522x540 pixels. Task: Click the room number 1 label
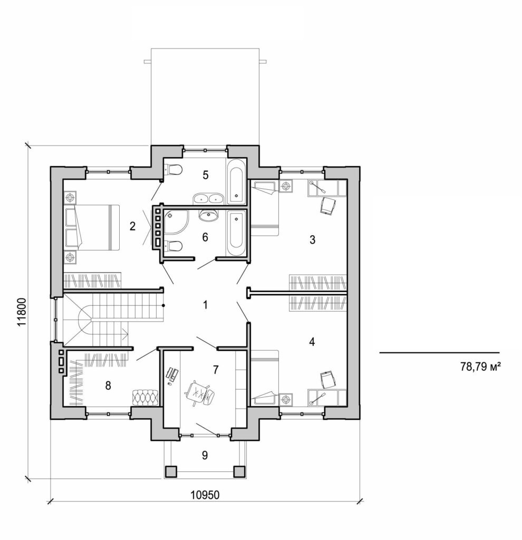(x=206, y=305)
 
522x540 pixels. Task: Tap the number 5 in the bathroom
(x=206, y=175)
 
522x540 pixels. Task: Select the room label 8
(x=108, y=386)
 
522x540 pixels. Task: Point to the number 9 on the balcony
(x=205, y=455)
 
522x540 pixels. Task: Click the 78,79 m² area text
(x=480, y=367)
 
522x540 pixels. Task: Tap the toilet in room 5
(x=173, y=170)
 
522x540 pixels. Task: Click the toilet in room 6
(x=174, y=246)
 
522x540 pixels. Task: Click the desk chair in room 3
(x=328, y=206)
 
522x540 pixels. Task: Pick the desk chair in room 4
(x=327, y=379)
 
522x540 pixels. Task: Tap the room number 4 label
(x=312, y=342)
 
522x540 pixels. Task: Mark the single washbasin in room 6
(x=210, y=215)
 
